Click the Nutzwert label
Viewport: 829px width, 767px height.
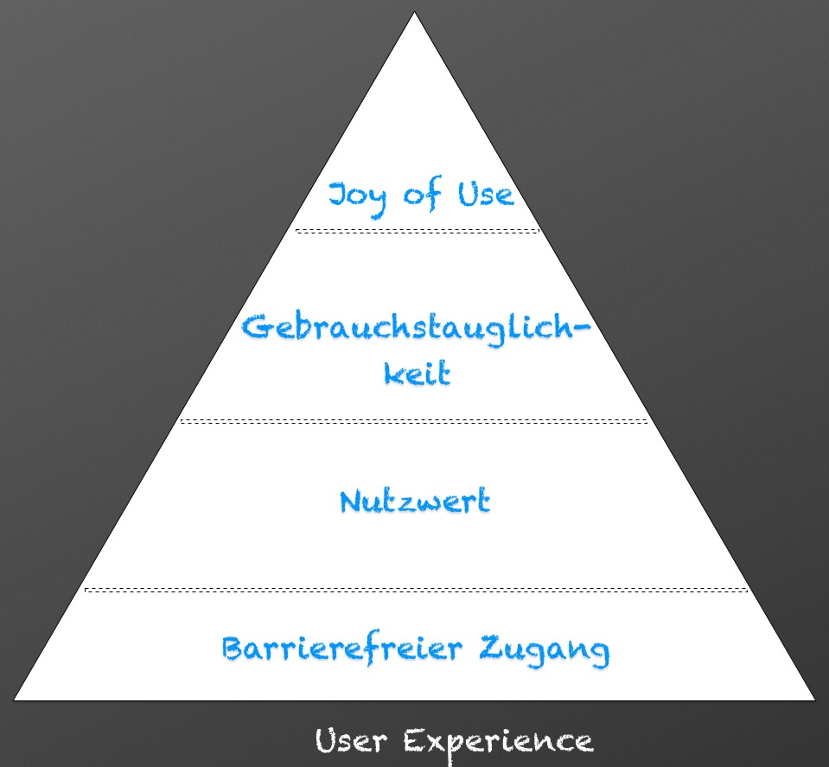click(x=415, y=502)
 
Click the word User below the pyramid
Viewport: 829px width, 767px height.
click(x=348, y=741)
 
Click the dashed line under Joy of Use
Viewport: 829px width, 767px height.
click(x=416, y=231)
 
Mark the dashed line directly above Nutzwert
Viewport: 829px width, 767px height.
click(x=413, y=421)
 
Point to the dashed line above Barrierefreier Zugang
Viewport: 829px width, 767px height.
click(x=415, y=590)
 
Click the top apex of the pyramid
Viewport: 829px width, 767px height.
click(x=414, y=13)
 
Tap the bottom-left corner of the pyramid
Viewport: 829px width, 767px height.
click(x=15, y=699)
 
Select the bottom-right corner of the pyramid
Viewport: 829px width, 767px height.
click(x=813, y=700)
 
